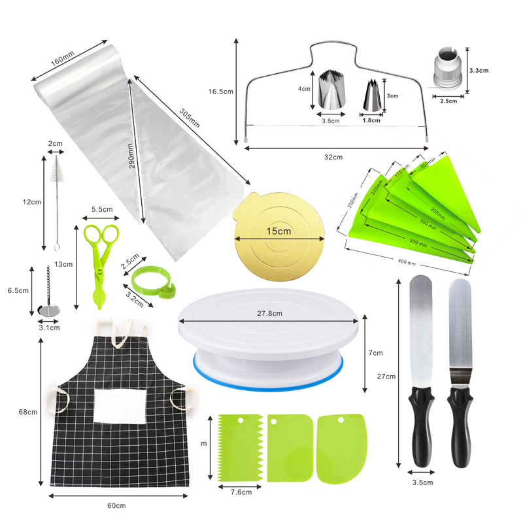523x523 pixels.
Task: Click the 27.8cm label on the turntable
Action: click(269, 313)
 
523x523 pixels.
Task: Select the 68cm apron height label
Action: click(27, 413)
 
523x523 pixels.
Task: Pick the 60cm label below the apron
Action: click(116, 505)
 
